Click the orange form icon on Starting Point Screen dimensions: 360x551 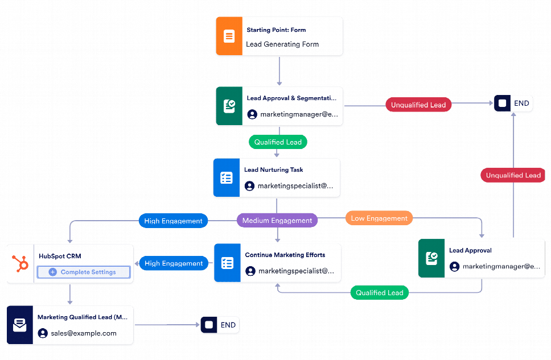pyautogui.click(x=229, y=36)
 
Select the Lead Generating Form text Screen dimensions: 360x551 pyautogui.click(x=282, y=44)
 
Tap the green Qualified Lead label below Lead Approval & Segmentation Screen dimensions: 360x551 pyautogui.click(x=278, y=142)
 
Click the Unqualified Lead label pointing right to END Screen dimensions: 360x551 pyautogui.click(x=418, y=105)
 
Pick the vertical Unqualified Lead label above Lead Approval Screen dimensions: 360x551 pyautogui.click(x=513, y=175)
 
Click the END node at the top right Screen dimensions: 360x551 pyautogui.click(x=513, y=104)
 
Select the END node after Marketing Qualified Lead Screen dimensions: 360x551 pyautogui.click(x=220, y=325)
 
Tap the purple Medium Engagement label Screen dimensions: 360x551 pyautogui.click(x=277, y=221)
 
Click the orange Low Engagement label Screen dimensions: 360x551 pyautogui.click(x=379, y=218)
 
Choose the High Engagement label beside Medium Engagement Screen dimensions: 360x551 pyautogui.click(x=173, y=221)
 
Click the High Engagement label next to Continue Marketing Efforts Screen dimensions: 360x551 pyautogui.click(x=173, y=263)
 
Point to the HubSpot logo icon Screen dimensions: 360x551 pyautogui.click(x=20, y=264)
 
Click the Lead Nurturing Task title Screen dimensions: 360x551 pyautogui.click(x=274, y=169)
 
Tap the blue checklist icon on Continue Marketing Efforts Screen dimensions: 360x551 pyautogui.click(x=227, y=263)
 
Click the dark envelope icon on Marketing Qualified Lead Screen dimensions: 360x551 pyautogui.click(x=20, y=325)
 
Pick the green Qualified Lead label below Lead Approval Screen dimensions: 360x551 pyautogui.click(x=379, y=293)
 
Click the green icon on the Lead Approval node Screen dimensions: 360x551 pyautogui.click(x=431, y=259)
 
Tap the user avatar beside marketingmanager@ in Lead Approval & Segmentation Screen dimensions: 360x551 pyautogui.click(x=252, y=114)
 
